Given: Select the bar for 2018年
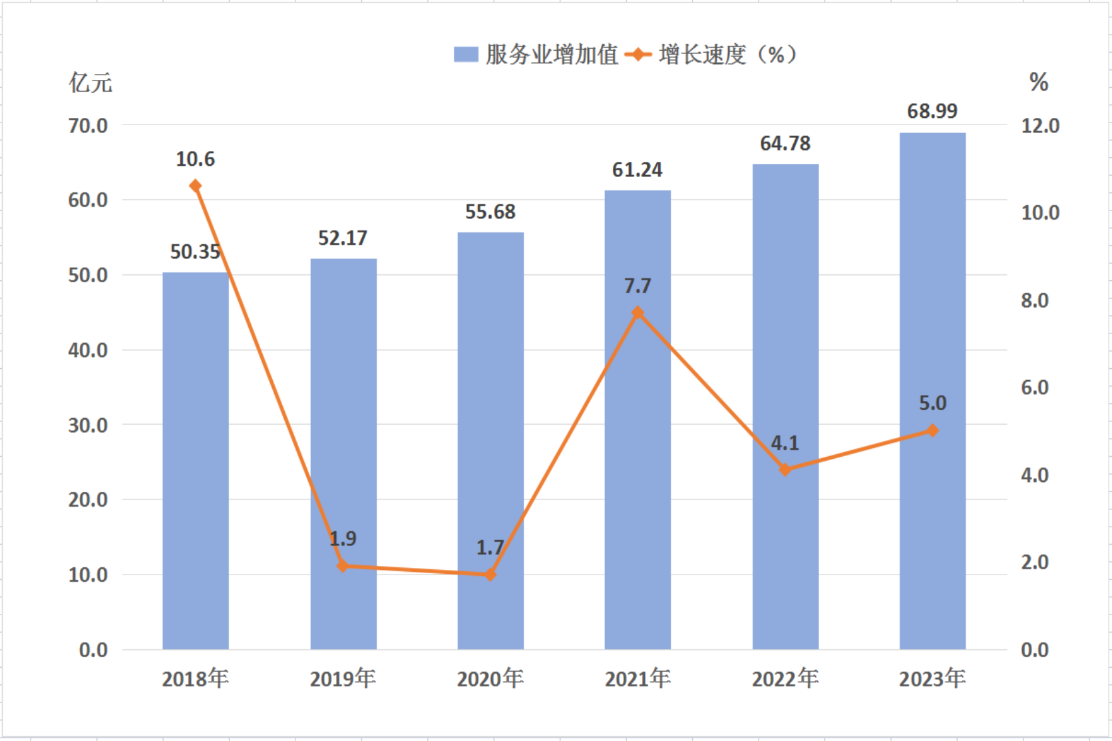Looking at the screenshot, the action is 196,461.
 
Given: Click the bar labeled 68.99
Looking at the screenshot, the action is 932,391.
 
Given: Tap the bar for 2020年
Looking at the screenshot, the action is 490,441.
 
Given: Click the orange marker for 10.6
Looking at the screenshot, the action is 196,186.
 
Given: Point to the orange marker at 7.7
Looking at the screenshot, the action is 638,312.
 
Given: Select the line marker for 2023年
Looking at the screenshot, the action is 933,430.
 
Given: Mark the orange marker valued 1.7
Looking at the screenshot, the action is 490,575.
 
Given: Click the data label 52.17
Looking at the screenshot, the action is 343,238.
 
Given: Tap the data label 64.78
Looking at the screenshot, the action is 785,144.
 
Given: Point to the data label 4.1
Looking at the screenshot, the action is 785,443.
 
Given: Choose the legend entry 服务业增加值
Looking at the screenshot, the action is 536,54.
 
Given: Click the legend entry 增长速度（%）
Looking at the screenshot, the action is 711,54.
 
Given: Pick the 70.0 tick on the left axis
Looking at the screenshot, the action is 88,126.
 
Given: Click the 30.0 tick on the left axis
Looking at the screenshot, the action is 88,425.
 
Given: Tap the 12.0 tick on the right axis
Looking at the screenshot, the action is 1040,126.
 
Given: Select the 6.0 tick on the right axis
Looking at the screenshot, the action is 1035,387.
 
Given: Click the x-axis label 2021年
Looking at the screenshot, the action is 638,678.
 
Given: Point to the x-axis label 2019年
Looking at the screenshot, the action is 343,678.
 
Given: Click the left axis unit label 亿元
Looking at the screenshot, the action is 91,83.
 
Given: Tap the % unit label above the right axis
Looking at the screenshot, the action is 1039,82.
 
